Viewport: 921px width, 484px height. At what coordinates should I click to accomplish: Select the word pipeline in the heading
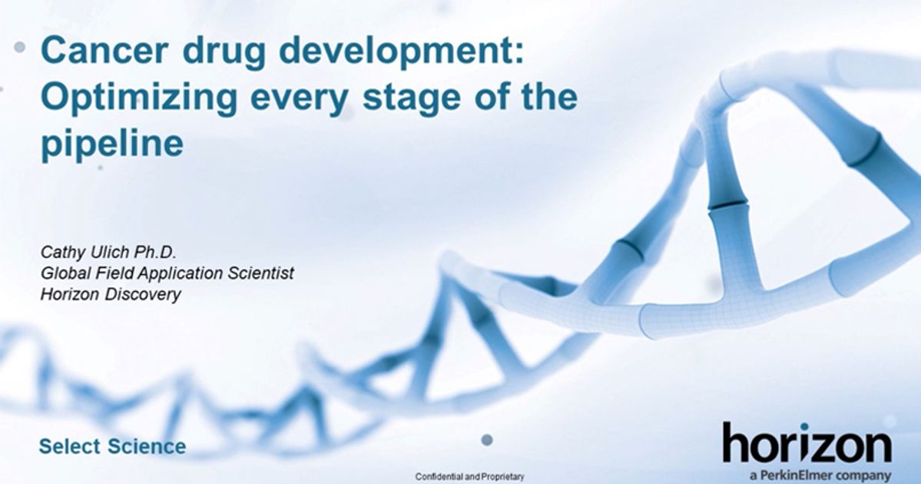click(112, 144)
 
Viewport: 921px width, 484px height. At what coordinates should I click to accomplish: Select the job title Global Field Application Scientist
click(167, 273)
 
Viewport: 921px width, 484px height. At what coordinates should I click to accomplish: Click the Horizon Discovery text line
click(111, 294)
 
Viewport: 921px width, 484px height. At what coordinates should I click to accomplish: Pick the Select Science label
click(112, 446)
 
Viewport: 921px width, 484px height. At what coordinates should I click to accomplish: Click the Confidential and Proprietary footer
click(469, 477)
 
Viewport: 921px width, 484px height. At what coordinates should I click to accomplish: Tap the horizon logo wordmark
click(807, 446)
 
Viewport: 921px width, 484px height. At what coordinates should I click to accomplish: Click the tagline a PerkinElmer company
click(820, 476)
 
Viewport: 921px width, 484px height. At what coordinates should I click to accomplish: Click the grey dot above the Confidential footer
click(486, 440)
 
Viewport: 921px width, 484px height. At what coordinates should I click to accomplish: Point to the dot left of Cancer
click(20, 48)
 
